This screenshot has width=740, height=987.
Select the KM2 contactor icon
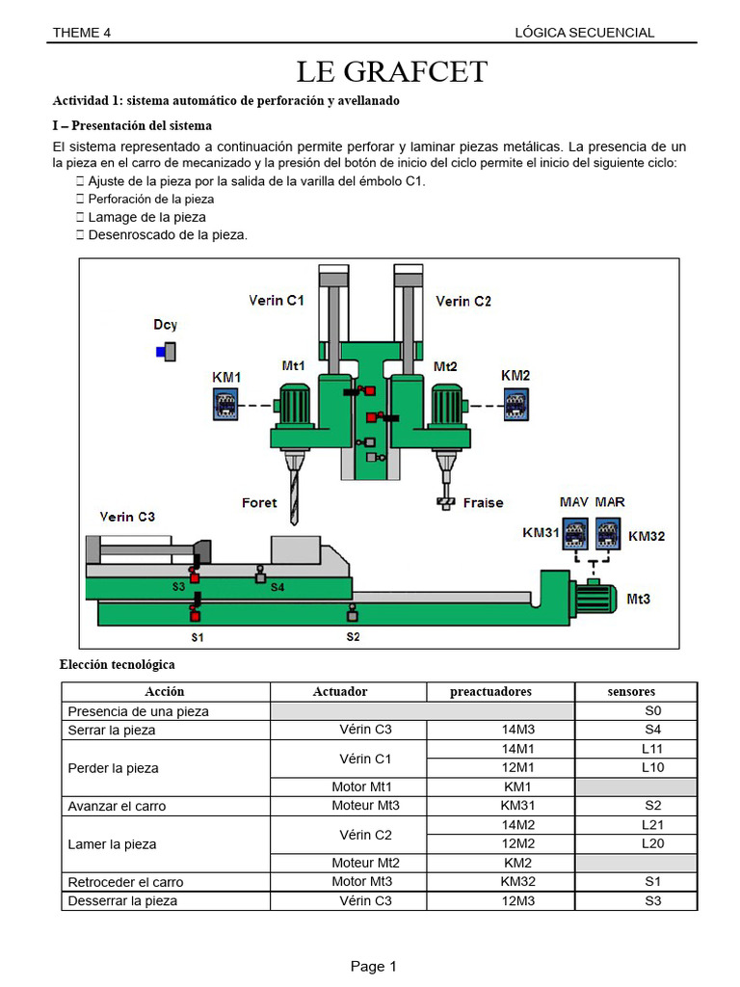[516, 403]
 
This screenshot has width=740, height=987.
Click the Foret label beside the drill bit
[258, 502]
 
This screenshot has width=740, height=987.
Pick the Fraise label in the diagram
[483, 502]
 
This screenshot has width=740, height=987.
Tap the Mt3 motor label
[638, 599]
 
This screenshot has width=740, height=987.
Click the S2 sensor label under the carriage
[353, 637]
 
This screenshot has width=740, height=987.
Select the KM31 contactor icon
[575, 533]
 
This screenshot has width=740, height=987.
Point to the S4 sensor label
[277, 586]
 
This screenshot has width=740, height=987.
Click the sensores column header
[632, 691]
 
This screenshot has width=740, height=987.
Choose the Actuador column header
[340, 691]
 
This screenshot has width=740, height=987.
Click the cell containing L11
[652, 749]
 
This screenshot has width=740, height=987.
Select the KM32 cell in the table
[517, 881]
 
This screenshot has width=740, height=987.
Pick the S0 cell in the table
[652, 711]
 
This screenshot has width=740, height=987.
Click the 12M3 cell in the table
[517, 900]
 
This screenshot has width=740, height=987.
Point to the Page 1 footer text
[373, 966]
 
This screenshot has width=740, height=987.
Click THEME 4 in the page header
[82, 32]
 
